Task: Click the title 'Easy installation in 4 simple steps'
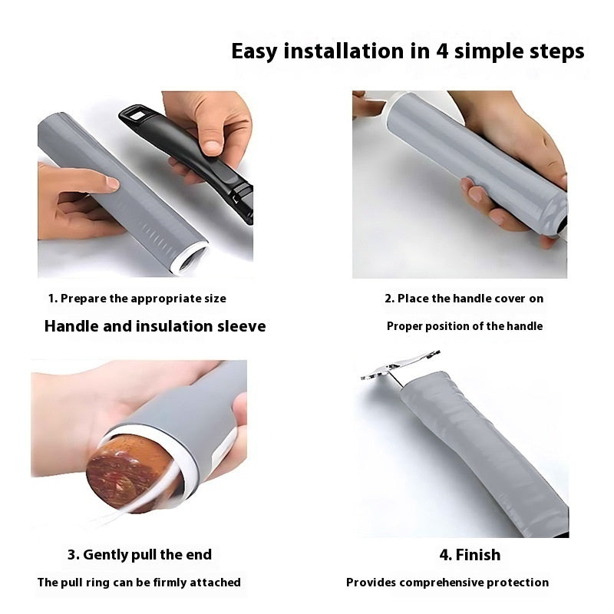pyautogui.click(x=408, y=51)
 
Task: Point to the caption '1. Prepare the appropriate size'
pyautogui.click(x=137, y=299)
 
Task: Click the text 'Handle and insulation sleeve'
pyautogui.click(x=155, y=326)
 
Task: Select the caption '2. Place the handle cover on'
pyautogui.click(x=464, y=299)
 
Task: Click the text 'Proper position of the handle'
pyautogui.click(x=464, y=326)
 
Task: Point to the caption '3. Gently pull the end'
pyautogui.click(x=139, y=554)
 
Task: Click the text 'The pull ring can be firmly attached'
pyautogui.click(x=139, y=583)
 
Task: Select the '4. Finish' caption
pyautogui.click(x=469, y=554)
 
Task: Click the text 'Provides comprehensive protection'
pyautogui.click(x=447, y=583)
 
